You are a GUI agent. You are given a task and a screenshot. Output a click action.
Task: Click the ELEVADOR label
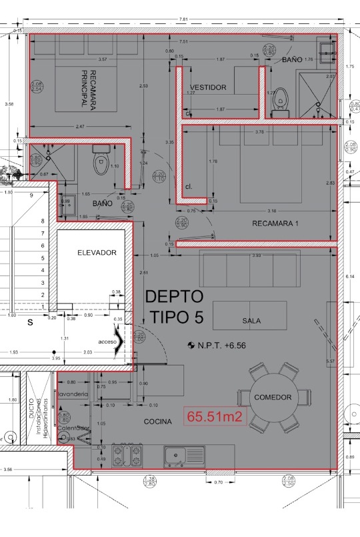click(97, 253)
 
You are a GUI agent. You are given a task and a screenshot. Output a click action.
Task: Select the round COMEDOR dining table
click(273, 397)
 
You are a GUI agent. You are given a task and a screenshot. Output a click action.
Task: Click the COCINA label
click(158, 422)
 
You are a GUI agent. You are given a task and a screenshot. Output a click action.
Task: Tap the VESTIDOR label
click(208, 87)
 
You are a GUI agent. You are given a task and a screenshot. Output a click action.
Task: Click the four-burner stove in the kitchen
click(128, 456)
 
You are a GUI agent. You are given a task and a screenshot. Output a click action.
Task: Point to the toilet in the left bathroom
click(101, 160)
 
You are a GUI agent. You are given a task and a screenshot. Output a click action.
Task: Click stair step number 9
click(31, 195)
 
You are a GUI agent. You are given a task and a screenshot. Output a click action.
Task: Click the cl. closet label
click(189, 186)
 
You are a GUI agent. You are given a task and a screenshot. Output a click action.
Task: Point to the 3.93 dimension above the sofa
click(255, 255)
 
